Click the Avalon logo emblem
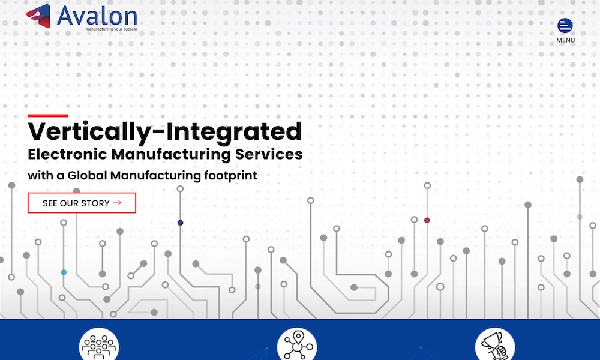pyautogui.click(x=38, y=16)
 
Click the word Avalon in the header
pyautogui.click(x=97, y=16)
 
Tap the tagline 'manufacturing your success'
pyautogui.click(x=112, y=29)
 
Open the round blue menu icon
pyautogui.click(x=565, y=26)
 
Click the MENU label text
pyautogui.click(x=566, y=40)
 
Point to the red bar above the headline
pyautogui.click(x=48, y=116)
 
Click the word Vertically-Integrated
pyautogui.click(x=165, y=131)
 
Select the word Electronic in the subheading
pyautogui.click(x=67, y=154)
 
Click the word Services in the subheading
pyautogui.click(x=269, y=154)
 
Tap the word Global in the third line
pyautogui.click(x=87, y=175)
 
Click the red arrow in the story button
pyautogui.click(x=117, y=203)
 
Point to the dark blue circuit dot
pyautogui.click(x=180, y=223)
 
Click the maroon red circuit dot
pyautogui.click(x=427, y=220)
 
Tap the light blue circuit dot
pyautogui.click(x=64, y=272)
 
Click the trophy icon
pyautogui.click(x=495, y=346)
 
